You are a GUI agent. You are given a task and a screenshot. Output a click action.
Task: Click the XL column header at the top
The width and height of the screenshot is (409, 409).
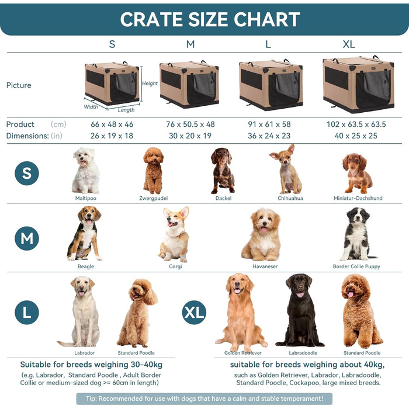pos(349,44)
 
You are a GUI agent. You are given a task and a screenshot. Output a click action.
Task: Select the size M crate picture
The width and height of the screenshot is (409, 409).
pos(189,84)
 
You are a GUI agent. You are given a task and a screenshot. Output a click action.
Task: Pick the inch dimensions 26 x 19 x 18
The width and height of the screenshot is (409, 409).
pos(113,136)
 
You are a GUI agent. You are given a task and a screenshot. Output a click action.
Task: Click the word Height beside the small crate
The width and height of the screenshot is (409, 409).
pos(150,84)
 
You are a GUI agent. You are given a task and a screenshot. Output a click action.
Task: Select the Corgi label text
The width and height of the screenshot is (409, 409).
pos(175,266)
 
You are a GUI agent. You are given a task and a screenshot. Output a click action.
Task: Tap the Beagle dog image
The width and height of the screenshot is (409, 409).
pos(85,233)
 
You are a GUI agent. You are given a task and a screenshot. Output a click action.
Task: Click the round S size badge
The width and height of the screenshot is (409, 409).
pos(27,173)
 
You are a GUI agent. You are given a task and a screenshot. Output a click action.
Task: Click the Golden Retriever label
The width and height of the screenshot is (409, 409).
pos(243,353)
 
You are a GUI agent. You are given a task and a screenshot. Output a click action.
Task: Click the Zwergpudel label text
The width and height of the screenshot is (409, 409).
pos(154,198)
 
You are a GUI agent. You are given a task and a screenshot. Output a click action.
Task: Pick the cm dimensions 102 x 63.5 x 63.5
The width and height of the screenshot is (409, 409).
pos(356,124)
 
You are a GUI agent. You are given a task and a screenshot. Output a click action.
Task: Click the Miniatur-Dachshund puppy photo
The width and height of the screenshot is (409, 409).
pos(357,173)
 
